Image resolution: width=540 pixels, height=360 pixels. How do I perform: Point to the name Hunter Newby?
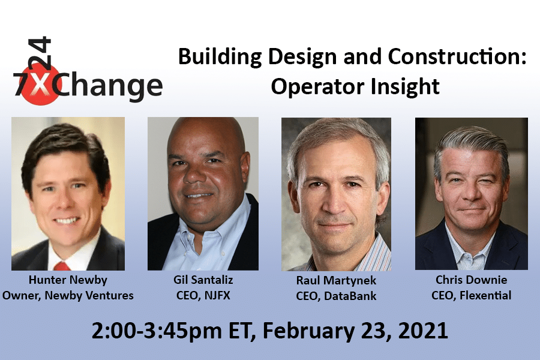pyautogui.click(x=68, y=281)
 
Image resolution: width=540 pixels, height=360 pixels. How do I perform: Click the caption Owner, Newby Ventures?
pyautogui.click(x=68, y=295)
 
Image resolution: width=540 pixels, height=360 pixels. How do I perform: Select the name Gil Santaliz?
pyautogui.click(x=202, y=281)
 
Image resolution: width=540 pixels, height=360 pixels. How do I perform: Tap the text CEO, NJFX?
pyautogui.click(x=202, y=295)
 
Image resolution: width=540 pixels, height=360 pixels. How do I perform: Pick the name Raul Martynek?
pyautogui.click(x=336, y=281)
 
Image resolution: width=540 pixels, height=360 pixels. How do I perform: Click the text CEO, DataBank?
pyautogui.click(x=336, y=295)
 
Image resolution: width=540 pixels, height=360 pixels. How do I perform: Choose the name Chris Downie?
pyautogui.click(x=471, y=281)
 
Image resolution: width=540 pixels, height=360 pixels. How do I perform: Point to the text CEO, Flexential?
pyautogui.click(x=471, y=295)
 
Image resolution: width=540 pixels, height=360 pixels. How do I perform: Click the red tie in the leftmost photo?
pyautogui.click(x=62, y=265)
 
